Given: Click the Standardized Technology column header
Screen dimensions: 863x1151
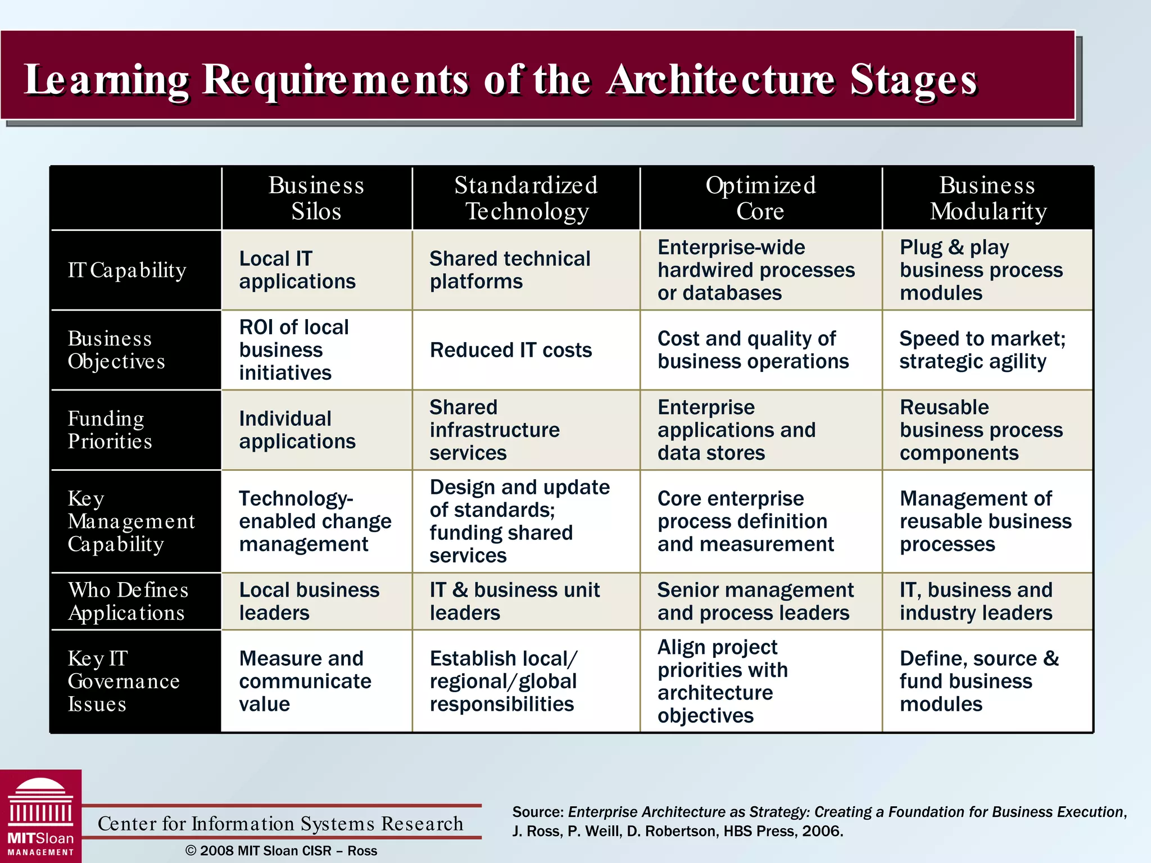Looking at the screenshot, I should coord(526,198).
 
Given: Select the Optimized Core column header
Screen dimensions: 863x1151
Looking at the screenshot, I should coord(760,198).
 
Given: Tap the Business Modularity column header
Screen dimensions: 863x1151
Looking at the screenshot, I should coord(987,198).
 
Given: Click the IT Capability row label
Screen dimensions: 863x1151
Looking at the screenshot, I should coord(127,270).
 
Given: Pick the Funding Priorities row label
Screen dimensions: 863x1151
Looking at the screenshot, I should coord(110,430).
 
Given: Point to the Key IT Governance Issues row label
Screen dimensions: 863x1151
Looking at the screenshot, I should coord(124,681).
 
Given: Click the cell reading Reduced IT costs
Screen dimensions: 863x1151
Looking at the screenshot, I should coord(510,350).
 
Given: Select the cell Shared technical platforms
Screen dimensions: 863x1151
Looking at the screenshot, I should coord(510,270).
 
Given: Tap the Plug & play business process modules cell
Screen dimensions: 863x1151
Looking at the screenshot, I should coord(981,270).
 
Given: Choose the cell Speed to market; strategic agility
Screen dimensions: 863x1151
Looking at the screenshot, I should coord(982,350).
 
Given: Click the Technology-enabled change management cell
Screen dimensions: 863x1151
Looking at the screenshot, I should coord(315,521).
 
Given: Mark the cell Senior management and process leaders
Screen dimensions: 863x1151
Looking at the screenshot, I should coord(755,601).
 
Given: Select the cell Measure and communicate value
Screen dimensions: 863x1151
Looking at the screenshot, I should coord(305,681).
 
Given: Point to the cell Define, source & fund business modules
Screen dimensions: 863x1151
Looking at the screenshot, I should coord(979,681).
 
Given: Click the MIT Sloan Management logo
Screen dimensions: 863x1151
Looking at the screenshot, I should coord(40,816).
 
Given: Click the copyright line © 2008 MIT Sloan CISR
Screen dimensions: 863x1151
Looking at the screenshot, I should coord(281,851).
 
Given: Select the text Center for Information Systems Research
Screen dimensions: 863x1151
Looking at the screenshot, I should coord(280,824).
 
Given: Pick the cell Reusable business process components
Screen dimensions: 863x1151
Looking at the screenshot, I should coord(981,430).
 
